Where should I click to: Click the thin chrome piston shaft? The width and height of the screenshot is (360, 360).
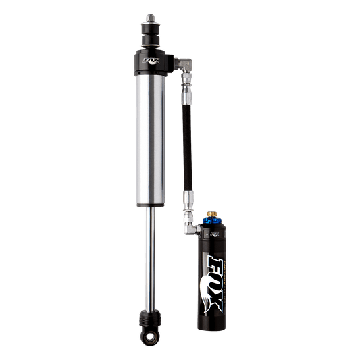pos(149,257)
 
